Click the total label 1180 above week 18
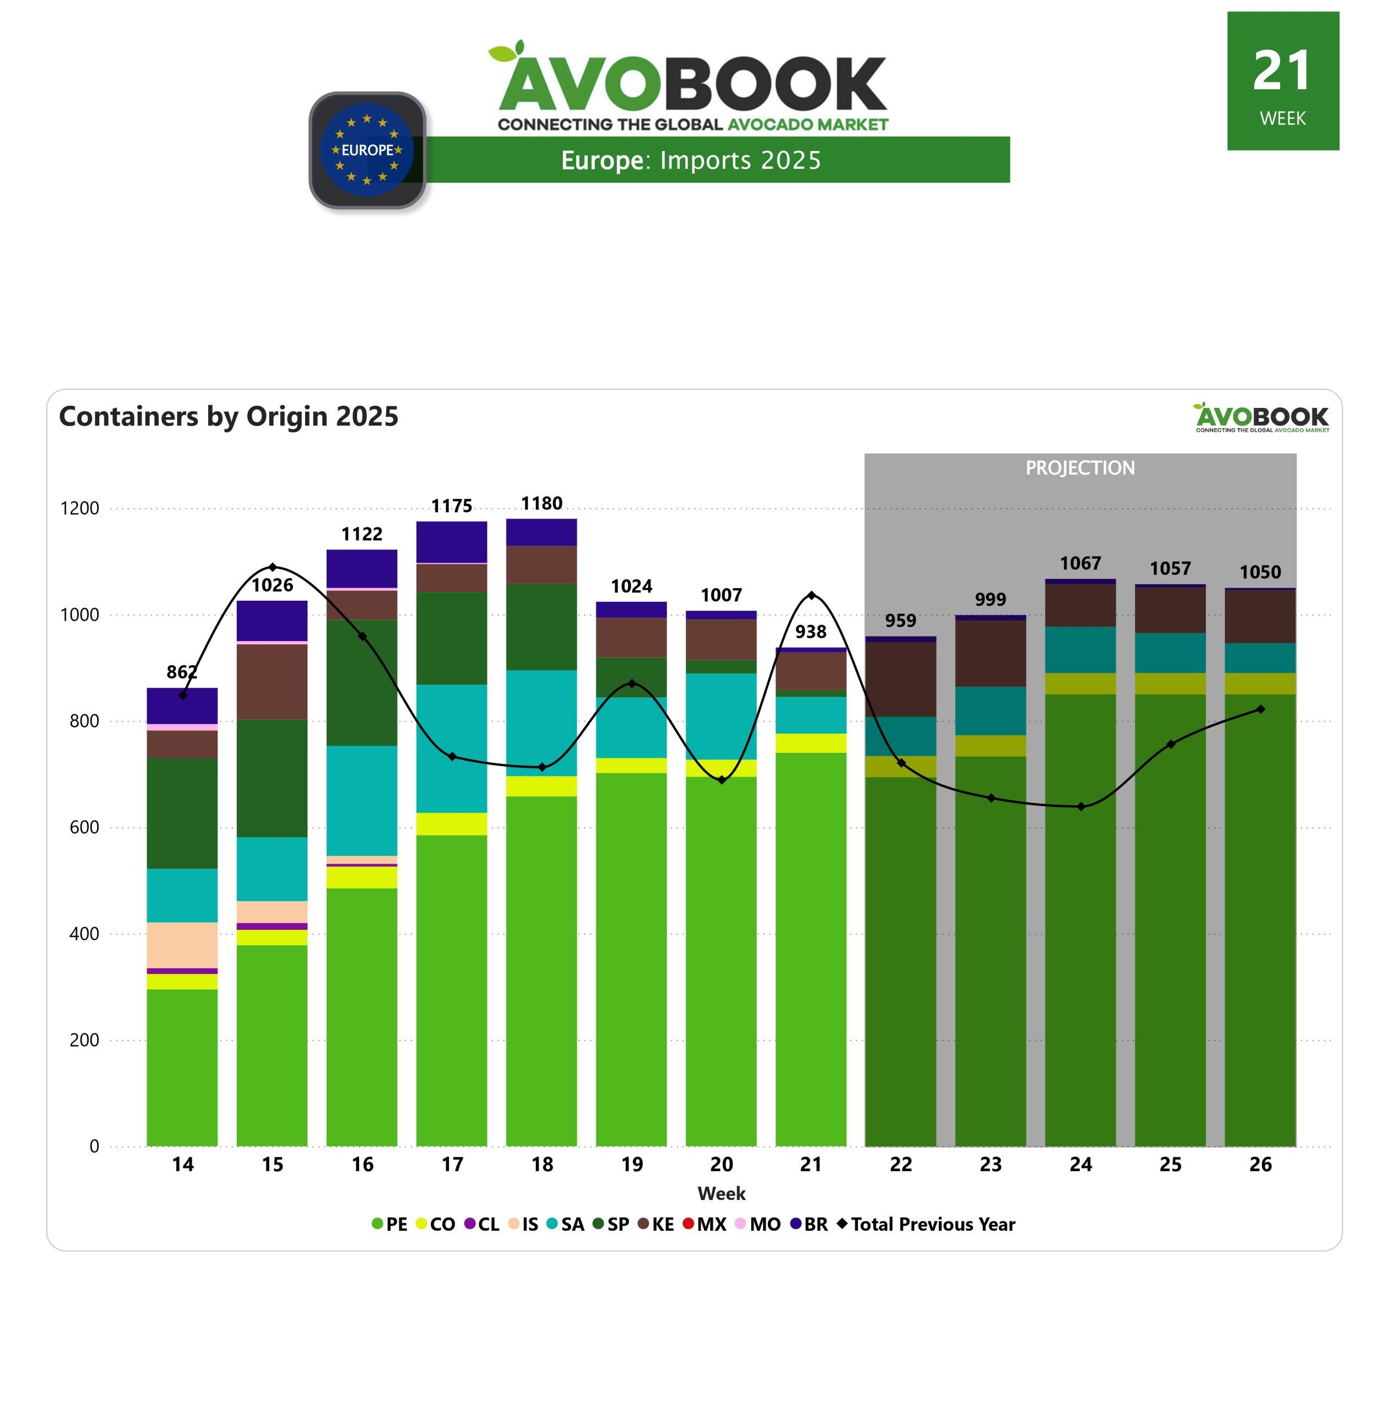click(541, 504)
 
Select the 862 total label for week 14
click(181, 672)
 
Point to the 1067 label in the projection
click(1080, 563)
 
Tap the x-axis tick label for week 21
click(811, 1165)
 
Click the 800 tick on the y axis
click(84, 721)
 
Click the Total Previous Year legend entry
click(926, 1224)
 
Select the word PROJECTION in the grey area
click(1080, 468)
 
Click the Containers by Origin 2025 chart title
click(229, 416)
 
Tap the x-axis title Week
click(721, 1194)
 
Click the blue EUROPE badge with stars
click(367, 150)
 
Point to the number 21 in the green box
click(1282, 72)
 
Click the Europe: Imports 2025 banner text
click(691, 160)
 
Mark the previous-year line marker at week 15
click(273, 567)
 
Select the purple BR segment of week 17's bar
click(452, 542)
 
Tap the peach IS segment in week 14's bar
click(182, 945)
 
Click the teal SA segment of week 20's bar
click(721, 717)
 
